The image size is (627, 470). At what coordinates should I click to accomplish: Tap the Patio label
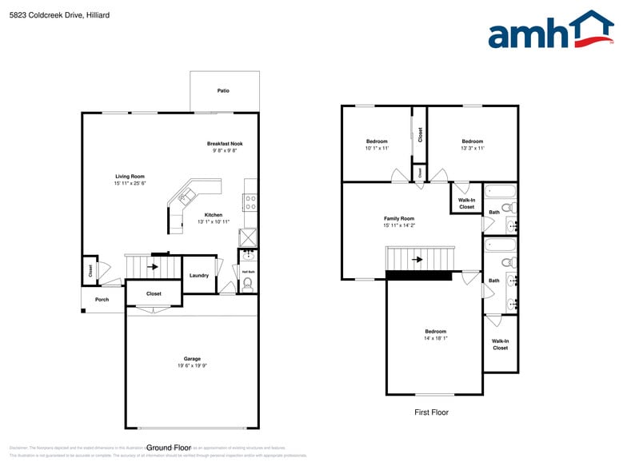coord(223,91)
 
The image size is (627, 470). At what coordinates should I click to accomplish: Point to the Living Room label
coord(130,176)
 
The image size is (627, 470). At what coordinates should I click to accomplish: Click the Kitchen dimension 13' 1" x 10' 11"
coord(214,221)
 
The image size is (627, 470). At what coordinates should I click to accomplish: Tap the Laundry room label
coord(199,276)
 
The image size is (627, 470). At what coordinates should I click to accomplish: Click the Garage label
coord(192,359)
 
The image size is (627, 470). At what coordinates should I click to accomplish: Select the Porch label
coord(102,300)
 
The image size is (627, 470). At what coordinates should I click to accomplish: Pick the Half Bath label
coord(248,272)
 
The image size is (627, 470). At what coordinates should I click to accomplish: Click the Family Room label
coord(399,218)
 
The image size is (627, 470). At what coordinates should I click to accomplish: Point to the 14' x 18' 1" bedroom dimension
coord(435,338)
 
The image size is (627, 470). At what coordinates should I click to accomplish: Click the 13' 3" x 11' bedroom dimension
coord(472,148)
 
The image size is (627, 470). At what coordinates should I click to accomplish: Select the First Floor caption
coord(431,412)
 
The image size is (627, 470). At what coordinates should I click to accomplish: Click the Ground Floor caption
coord(169,448)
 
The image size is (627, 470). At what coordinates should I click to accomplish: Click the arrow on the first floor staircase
coord(417,260)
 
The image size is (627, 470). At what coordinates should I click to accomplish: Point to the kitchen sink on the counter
coord(187,196)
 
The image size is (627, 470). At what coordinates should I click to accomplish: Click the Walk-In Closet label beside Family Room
coord(466,203)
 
